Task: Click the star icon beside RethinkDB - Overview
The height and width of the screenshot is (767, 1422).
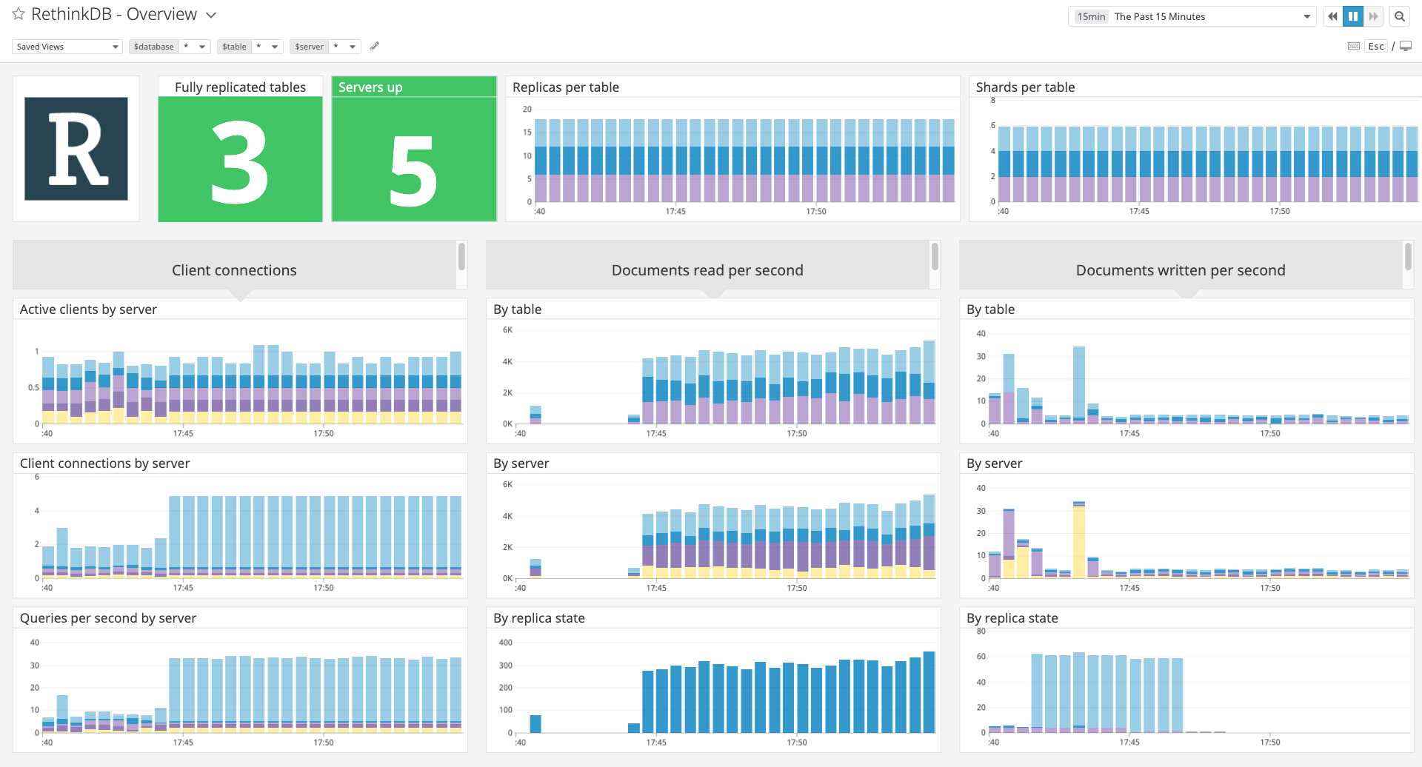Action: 19,14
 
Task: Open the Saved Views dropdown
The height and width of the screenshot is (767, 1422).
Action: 67,47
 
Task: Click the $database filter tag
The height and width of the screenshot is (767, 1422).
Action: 154,47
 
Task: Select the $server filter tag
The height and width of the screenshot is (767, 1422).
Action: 309,47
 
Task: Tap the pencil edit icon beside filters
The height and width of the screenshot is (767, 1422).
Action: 375,46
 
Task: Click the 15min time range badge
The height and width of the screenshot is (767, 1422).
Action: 1091,16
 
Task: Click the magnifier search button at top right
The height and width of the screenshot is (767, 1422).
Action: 1399,16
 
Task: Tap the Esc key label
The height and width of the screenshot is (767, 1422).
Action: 1375,47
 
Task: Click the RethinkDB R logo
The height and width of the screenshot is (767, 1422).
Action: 76,149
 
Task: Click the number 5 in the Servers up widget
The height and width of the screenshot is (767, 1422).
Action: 413,172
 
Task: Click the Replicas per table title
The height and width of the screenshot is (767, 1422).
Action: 565,87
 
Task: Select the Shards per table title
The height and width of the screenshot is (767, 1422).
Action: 1025,87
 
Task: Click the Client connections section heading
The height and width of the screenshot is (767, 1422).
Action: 234,270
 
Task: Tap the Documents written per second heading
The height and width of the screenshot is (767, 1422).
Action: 1180,270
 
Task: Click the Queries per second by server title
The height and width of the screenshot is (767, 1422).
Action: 108,618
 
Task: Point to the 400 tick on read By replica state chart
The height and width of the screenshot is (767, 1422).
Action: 505,643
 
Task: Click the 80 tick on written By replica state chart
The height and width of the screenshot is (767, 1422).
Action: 981,632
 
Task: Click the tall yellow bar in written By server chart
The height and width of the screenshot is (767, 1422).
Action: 1078,540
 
